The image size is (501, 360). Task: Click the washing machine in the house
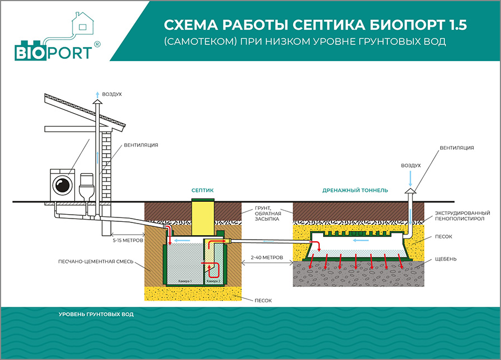pyautogui.click(x=63, y=183)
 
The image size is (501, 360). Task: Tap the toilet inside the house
pyautogui.click(x=86, y=187)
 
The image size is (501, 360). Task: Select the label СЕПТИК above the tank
pyautogui.click(x=202, y=190)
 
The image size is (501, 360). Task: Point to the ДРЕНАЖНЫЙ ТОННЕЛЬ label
pyautogui.click(x=355, y=190)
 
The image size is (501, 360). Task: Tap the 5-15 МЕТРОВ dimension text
pyautogui.click(x=127, y=241)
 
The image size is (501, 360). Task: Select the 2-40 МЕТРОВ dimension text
pyautogui.click(x=267, y=257)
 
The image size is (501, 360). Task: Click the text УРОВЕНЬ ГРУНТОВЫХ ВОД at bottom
pyautogui.click(x=96, y=315)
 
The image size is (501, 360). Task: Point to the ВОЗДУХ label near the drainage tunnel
pyautogui.click(x=411, y=165)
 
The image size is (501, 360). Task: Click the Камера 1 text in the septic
pyautogui.click(x=185, y=281)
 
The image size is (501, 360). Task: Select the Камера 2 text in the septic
pyautogui.click(x=214, y=281)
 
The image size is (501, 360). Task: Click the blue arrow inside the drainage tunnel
pyautogui.click(x=361, y=241)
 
